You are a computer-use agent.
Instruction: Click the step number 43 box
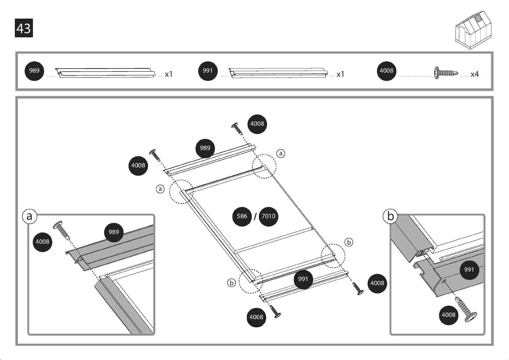(x=24, y=28)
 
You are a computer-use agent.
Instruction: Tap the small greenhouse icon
(x=473, y=30)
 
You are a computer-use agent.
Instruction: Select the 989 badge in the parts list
(x=34, y=71)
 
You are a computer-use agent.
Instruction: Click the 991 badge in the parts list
(x=208, y=71)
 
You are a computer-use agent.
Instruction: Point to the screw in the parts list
(x=446, y=73)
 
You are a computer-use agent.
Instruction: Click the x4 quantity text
(x=475, y=74)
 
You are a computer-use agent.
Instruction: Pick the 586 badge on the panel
(x=242, y=216)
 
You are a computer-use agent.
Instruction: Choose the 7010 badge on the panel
(x=268, y=216)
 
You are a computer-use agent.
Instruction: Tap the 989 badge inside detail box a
(x=114, y=232)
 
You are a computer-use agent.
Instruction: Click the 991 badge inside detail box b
(x=469, y=270)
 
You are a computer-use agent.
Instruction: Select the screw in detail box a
(x=61, y=230)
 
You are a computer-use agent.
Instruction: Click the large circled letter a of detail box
(x=30, y=216)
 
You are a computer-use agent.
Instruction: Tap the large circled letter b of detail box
(x=390, y=216)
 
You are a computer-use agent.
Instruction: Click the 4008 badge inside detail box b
(x=449, y=315)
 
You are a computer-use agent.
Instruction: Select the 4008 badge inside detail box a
(x=43, y=242)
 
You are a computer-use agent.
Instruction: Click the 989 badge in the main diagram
(x=205, y=148)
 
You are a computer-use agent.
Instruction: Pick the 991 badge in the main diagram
(x=303, y=279)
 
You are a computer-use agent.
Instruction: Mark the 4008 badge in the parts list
(x=387, y=71)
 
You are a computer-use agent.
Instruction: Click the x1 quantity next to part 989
(x=169, y=74)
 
